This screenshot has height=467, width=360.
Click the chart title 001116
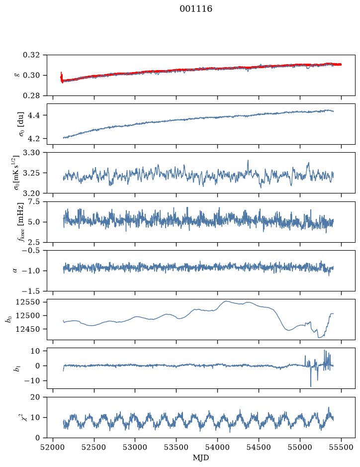pyautogui.click(x=196, y=9)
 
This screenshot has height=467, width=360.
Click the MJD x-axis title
pyautogui.click(x=201, y=458)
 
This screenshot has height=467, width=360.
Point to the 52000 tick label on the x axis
pyautogui.click(x=53, y=447)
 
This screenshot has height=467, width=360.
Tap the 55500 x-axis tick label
pyautogui.click(x=341, y=447)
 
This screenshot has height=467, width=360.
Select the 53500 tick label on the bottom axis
pyautogui.click(x=177, y=447)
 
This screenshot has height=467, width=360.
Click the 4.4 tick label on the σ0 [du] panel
pyautogui.click(x=34, y=115)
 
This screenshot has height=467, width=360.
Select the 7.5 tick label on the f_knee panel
pyautogui.click(x=34, y=201)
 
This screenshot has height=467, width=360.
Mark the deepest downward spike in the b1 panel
pyautogui.click(x=311, y=386)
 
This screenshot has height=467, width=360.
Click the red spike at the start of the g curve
pyautogui.click(x=61, y=78)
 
